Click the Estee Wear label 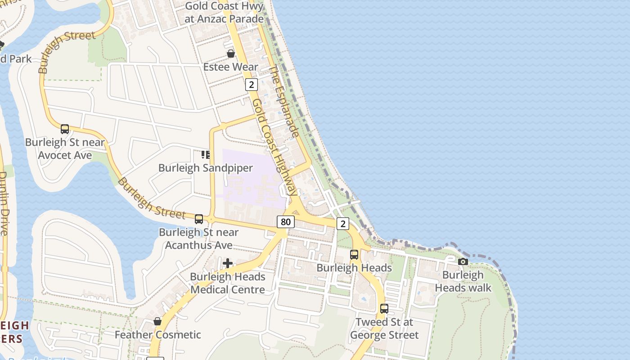coord(230,67)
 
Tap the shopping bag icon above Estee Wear coord(231,54)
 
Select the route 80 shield coord(285,221)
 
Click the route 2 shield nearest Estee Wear coord(251,84)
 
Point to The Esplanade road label coord(284,102)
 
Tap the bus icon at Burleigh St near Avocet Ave coord(65,129)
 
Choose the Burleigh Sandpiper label coord(205,168)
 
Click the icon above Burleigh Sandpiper coord(206,155)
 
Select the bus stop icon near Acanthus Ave coord(198,219)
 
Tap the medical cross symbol coord(228,263)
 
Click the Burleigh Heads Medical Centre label coord(228,283)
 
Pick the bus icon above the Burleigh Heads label coord(354,255)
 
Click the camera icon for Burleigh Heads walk coord(463,261)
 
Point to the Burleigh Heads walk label coord(463,281)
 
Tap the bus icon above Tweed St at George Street coord(384,309)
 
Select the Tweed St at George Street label coord(384,328)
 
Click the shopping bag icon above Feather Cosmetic coord(157,321)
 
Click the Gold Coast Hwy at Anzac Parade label coord(224,13)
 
